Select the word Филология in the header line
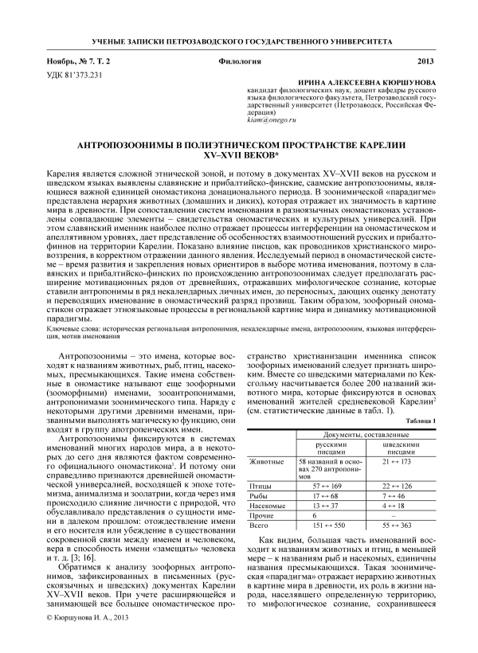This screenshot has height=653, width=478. [238, 61]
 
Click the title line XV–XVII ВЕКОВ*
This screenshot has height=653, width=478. [238, 157]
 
